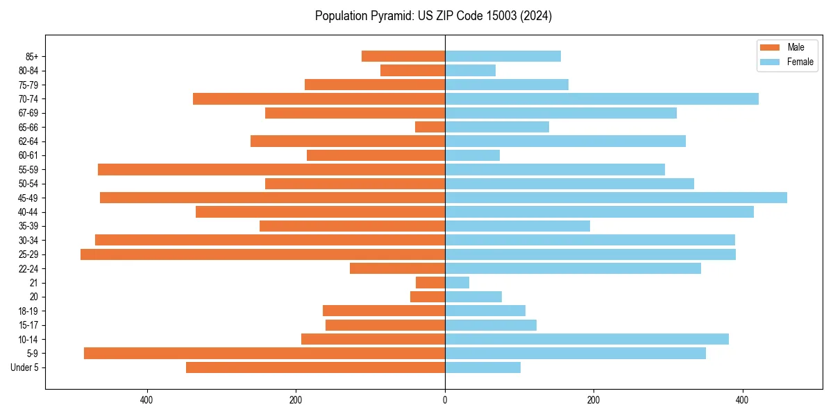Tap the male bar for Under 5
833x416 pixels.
click(x=315, y=367)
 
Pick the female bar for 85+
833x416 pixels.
click(x=503, y=56)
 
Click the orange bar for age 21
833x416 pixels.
click(x=430, y=283)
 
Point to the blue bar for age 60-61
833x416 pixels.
click(x=472, y=155)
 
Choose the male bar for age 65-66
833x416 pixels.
click(x=430, y=127)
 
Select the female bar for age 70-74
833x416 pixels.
click(x=601, y=99)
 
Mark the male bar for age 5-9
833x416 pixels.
click(x=264, y=354)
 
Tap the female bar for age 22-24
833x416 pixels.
click(x=573, y=268)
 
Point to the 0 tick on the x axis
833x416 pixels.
click(x=445, y=401)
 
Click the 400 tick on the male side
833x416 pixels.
click(x=146, y=401)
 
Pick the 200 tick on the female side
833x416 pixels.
click(x=594, y=401)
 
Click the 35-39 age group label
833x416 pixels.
click(x=28, y=226)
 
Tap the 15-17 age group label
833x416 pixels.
click(x=28, y=325)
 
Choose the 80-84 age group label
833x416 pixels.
click(x=28, y=71)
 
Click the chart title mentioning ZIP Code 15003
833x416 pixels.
click(x=433, y=16)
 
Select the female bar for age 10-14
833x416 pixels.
click(x=587, y=339)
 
